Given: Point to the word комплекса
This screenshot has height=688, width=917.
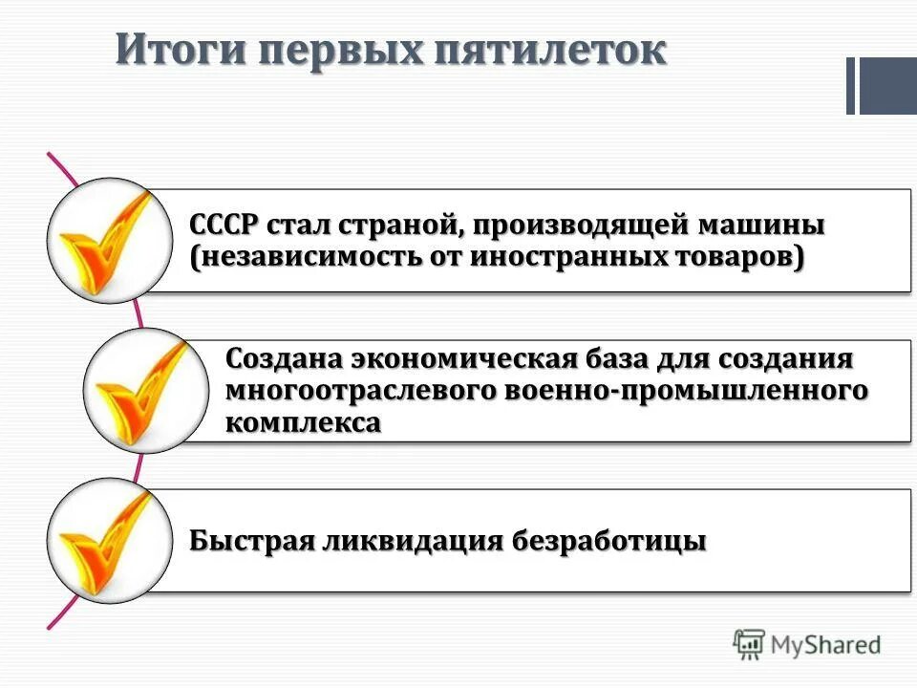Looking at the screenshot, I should click(304, 422).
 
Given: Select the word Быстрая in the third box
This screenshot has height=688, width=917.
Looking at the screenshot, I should click(251, 541).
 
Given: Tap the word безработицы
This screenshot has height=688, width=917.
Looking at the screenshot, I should click(610, 541).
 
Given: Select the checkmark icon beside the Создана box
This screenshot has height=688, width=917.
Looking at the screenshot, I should click(145, 390).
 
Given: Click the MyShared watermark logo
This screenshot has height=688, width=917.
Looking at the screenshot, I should click(807, 645).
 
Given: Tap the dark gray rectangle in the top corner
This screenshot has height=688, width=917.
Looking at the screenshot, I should click(887, 86).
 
